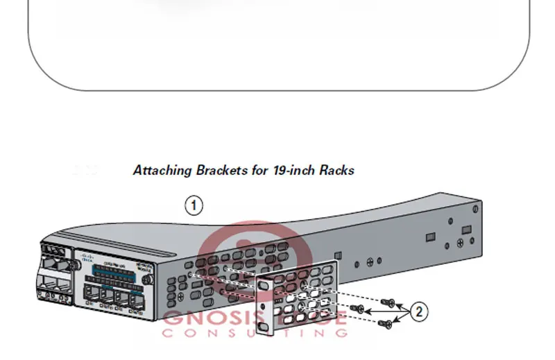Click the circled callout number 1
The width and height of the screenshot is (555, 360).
pos(194,205)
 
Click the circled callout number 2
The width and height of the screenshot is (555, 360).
pos(419,311)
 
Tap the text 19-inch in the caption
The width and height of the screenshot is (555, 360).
pos(293,171)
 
